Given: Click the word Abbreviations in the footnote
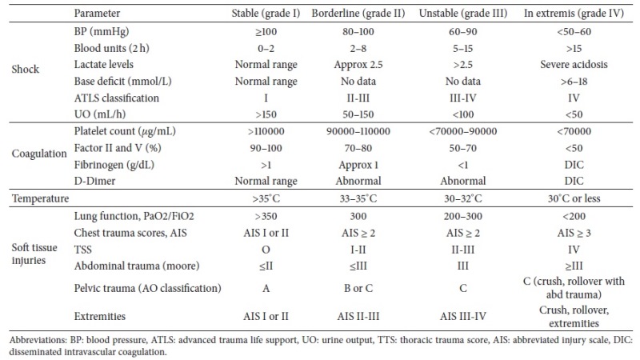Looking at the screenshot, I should (31, 338).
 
